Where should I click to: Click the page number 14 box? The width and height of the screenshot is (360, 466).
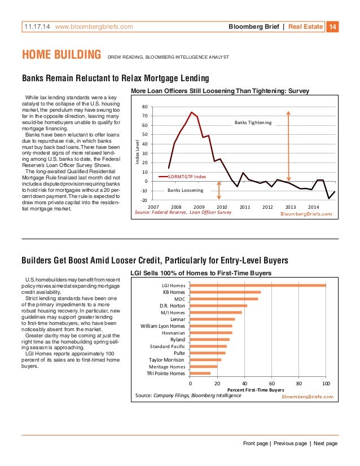pyautogui.click(x=333, y=27)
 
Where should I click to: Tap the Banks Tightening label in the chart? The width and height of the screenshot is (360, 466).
pyautogui.click(x=253, y=122)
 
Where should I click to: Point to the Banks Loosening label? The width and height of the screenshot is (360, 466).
pyautogui.click(x=186, y=191)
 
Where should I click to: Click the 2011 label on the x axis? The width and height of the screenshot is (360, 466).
pyautogui.click(x=245, y=207)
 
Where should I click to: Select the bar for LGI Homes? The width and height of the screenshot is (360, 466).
pyautogui.click(x=258, y=285)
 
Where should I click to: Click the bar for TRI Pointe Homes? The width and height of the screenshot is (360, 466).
pyautogui.click(x=200, y=373)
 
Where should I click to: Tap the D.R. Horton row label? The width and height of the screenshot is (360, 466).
pyautogui.click(x=172, y=306)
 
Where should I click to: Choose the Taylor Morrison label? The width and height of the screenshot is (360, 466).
pyautogui.click(x=166, y=359)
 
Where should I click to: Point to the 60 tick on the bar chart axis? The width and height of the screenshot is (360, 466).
pyautogui.click(x=271, y=384)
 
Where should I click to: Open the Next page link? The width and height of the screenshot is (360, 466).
pyautogui.click(x=326, y=444)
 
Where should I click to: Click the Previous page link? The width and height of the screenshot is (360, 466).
pyautogui.click(x=291, y=444)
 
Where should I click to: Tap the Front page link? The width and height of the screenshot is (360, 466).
pyautogui.click(x=256, y=444)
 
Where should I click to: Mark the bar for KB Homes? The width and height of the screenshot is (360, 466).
pyautogui.click(x=225, y=292)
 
